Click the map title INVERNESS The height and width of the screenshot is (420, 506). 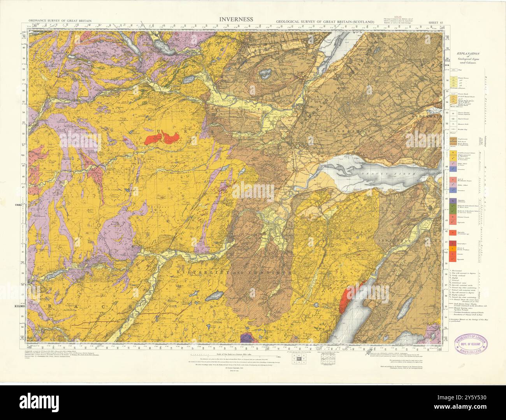[236, 19]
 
